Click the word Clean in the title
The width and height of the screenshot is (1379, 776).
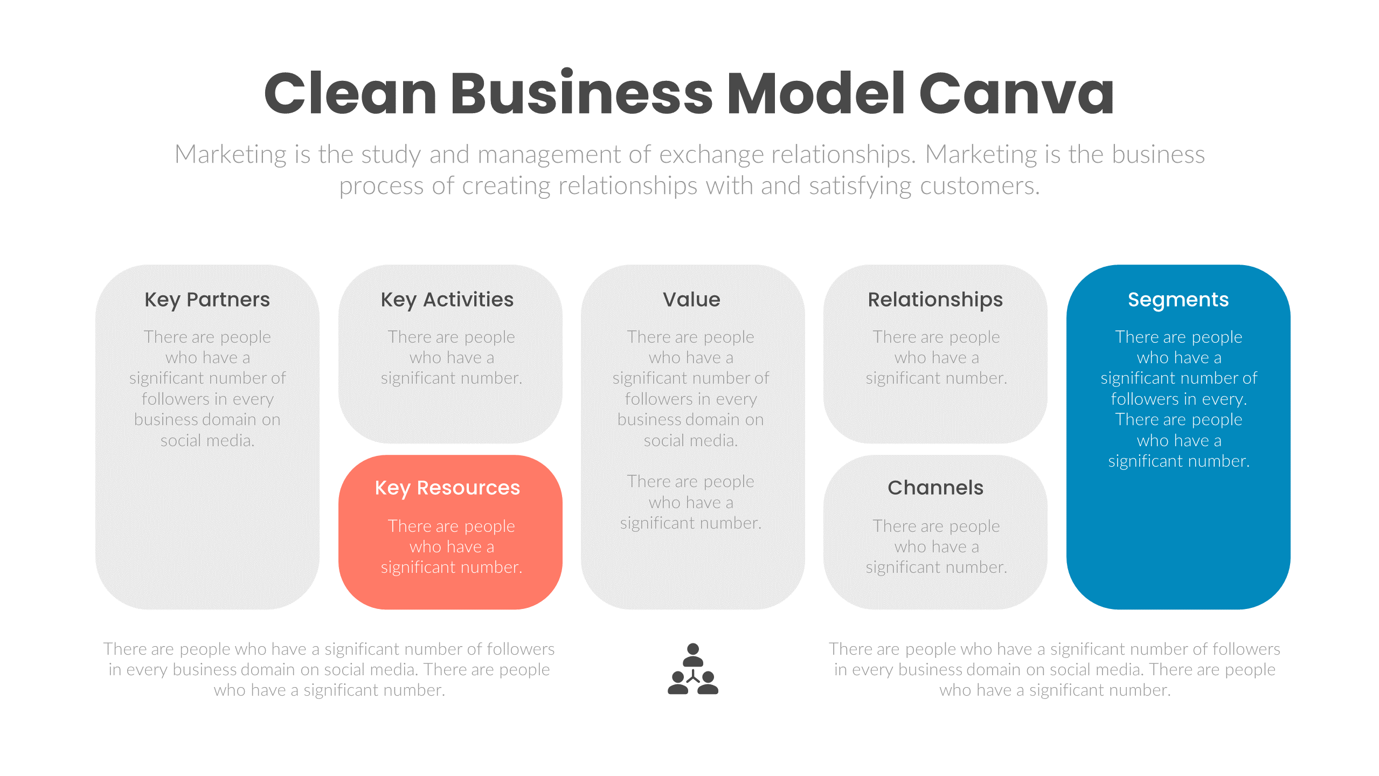coord(350,94)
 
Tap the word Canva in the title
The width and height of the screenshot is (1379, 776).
coord(1016,94)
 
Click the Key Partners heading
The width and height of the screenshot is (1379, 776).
coord(207,300)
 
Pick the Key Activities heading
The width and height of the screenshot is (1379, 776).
coord(447,300)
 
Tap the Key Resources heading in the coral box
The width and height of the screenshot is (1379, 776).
coord(447,488)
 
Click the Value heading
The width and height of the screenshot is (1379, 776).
coord(691,300)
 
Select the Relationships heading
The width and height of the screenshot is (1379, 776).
coord(935,300)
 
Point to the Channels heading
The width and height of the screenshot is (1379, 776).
coord(935,488)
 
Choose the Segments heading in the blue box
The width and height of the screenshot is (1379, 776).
coord(1178,300)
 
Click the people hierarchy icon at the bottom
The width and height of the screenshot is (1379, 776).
coord(692,669)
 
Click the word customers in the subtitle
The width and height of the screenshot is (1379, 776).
coord(980,186)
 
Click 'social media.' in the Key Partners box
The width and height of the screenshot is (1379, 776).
coord(207,441)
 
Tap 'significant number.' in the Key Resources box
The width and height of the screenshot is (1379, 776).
coord(451,567)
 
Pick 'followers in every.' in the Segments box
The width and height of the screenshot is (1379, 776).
coord(1179,399)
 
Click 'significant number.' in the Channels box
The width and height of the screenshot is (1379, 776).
coord(936,567)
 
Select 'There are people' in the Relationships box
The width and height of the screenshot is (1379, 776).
coord(936,337)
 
